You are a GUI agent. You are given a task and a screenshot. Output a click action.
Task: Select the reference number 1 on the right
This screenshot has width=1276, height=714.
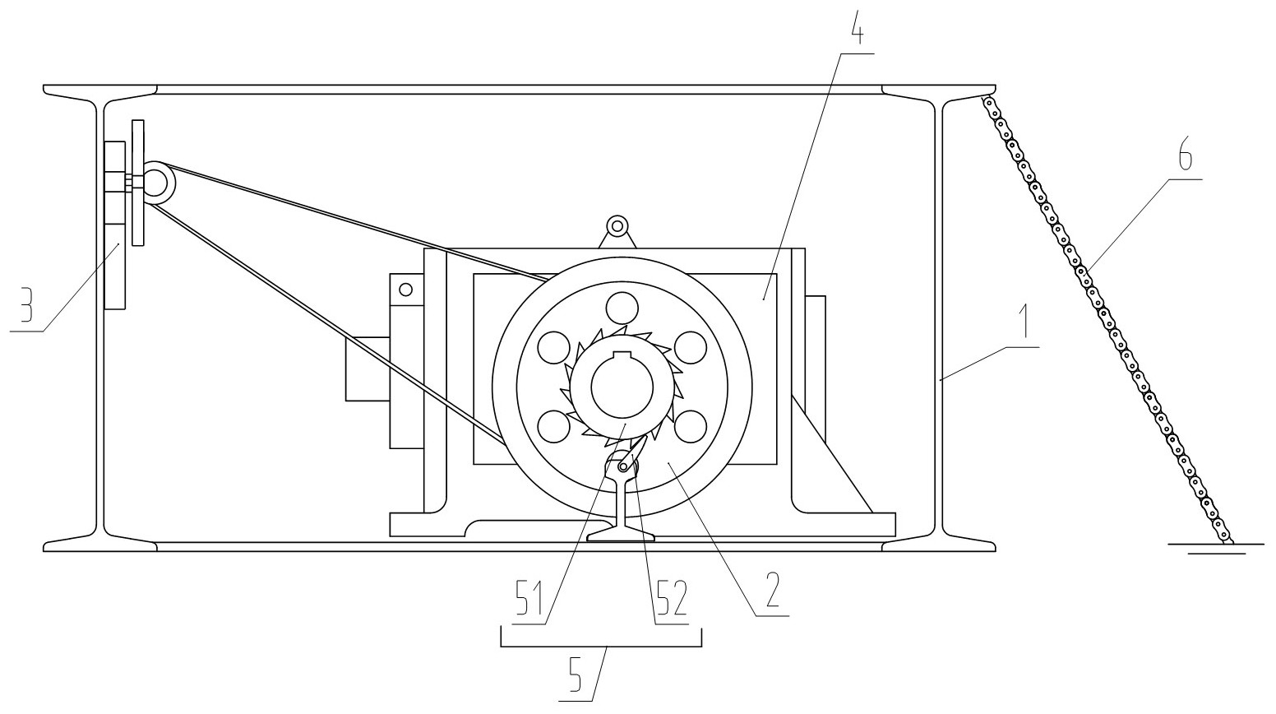1024,321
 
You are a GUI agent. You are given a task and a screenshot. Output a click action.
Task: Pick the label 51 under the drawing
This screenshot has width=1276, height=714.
529,598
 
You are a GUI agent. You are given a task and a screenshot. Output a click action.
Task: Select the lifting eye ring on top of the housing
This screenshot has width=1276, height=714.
617,226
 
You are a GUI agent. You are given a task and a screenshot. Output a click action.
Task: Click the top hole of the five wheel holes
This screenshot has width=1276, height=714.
622,308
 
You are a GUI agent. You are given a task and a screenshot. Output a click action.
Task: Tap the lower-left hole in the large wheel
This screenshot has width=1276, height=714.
553,426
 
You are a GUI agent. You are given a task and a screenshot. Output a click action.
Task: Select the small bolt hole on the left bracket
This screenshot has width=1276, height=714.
405,290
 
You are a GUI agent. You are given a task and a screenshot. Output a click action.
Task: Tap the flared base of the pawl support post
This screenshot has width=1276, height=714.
622,533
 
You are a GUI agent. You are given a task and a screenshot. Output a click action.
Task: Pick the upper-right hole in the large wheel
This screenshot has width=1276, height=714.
691,348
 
